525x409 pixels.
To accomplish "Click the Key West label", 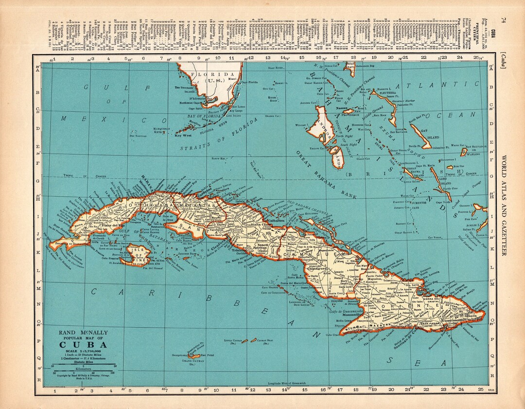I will (x=181, y=136).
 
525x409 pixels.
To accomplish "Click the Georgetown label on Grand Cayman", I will (x=180, y=355).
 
